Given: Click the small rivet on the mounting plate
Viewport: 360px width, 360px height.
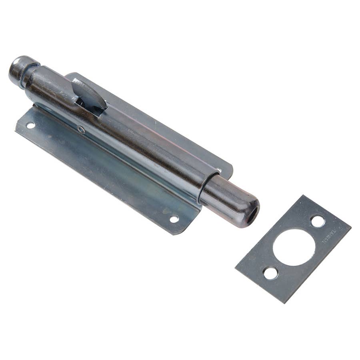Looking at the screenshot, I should [81, 129].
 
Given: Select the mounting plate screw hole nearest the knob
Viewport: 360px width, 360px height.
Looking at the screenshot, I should [30, 125].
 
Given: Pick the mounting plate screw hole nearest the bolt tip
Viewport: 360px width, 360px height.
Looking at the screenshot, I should [174, 219].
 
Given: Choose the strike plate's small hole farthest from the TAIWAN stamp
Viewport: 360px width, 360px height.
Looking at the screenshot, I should [270, 273].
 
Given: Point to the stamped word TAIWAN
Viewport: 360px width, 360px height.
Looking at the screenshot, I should [328, 236].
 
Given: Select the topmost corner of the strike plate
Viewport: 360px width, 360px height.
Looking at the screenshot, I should [303, 196].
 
